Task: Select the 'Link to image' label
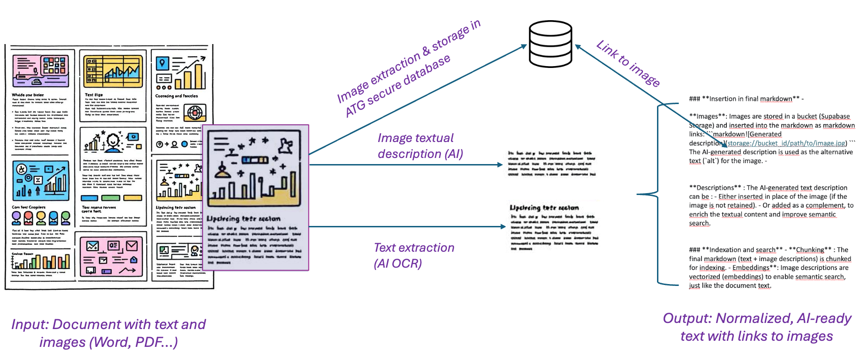[628, 63]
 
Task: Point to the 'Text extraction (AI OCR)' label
[414, 255]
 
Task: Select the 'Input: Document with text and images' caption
[108, 332]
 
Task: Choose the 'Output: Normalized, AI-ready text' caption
[756, 327]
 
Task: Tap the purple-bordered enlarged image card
[255, 197]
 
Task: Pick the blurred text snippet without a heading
[552, 164]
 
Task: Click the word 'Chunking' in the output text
[810, 250]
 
